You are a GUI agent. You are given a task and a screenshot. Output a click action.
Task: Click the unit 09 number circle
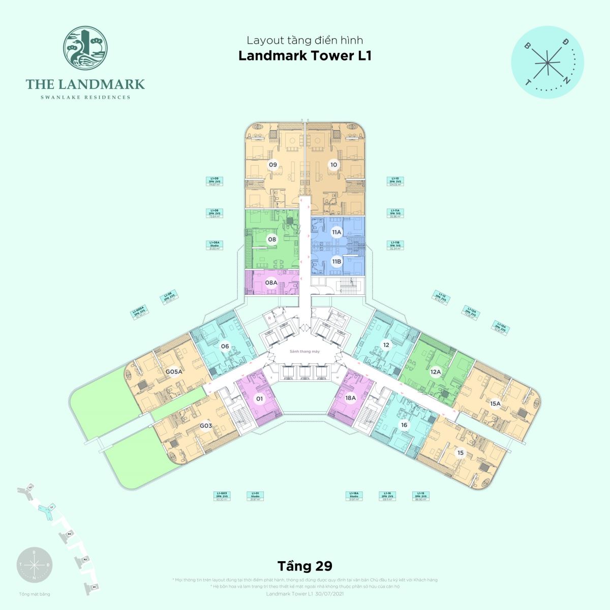click(273, 165)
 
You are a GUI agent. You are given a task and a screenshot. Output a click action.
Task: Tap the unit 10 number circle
click(333, 165)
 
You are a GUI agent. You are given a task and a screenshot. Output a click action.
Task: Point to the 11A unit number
click(336, 232)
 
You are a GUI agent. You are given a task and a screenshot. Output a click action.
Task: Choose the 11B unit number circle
click(336, 262)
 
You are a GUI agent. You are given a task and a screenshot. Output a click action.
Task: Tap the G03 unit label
click(205, 425)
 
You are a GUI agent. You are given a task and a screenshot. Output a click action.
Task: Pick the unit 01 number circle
click(259, 399)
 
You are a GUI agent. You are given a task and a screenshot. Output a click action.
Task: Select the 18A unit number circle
click(350, 399)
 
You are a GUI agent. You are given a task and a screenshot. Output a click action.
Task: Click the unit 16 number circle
click(404, 425)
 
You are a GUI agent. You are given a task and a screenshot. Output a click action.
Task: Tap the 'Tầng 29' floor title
click(304, 566)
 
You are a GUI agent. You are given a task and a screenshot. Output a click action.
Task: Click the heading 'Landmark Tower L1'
click(305, 55)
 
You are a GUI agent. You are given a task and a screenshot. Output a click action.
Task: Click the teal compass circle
click(547, 62)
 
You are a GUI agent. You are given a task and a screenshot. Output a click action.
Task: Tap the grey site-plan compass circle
click(34, 565)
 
